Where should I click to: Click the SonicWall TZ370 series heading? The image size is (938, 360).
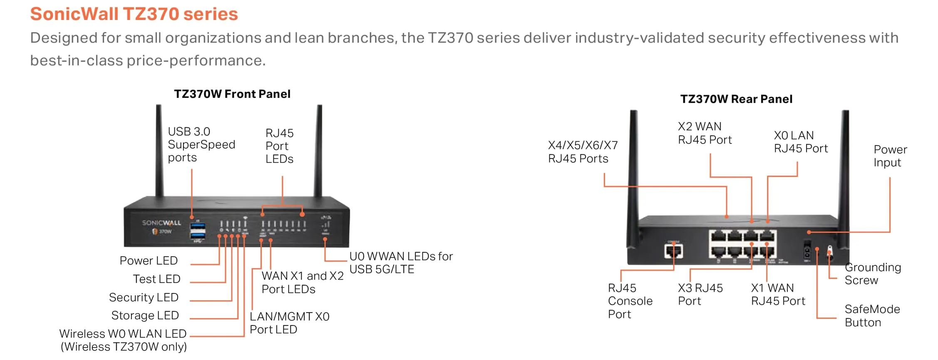coord(134,14)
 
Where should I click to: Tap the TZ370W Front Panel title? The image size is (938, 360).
coord(232,94)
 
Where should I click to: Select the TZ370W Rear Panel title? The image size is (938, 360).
coord(736,99)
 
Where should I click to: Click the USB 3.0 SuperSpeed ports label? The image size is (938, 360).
coord(201,144)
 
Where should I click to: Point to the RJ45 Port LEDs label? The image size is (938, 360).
coord(279,146)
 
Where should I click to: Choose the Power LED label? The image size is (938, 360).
coord(149,261)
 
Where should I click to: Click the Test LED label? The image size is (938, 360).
coord(156,279)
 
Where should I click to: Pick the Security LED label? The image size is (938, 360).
coord(144,297)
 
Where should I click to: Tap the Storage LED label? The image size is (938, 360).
coord(145,315)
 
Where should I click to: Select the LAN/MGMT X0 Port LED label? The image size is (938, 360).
coord(289,323)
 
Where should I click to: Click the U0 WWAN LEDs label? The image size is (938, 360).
coord(401,263)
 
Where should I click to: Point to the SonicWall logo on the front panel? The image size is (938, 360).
coord(161,223)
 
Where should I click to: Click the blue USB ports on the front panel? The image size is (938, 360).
coord(197,231)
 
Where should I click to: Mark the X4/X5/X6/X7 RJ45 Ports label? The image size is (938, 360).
coord(583,152)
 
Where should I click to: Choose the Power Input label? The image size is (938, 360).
coord(890,156)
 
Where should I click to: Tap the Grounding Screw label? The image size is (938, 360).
coord(873,273)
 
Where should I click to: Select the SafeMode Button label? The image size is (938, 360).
coord(872,316)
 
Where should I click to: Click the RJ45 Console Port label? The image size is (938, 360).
coord(630,301)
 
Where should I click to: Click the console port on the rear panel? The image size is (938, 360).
coord(673,251)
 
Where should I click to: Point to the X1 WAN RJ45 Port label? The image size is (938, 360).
coord(778,294)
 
